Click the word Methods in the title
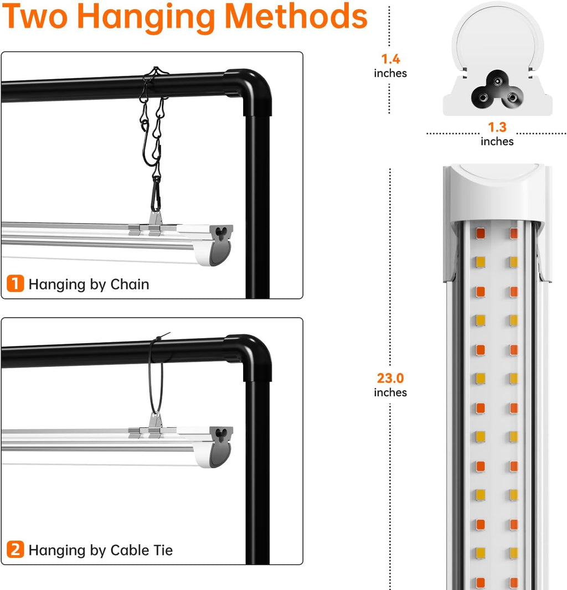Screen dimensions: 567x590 [x=296, y=16]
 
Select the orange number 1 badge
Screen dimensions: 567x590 [x=15, y=283]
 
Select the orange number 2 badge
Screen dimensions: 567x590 [x=15, y=550]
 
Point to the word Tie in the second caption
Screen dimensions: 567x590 [x=163, y=550]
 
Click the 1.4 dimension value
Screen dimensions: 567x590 [x=390, y=59]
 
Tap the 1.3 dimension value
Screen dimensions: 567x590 [x=497, y=127]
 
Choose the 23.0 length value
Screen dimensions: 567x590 [x=390, y=378]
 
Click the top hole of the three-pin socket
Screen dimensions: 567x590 [x=498, y=81]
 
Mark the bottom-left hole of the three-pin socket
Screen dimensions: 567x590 [x=483, y=98]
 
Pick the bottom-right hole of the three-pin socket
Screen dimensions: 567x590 [x=512, y=98]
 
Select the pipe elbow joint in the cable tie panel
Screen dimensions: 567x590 [x=251, y=355]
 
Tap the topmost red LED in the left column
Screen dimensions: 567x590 [x=481, y=233]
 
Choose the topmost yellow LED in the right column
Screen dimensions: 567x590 [x=513, y=262]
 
